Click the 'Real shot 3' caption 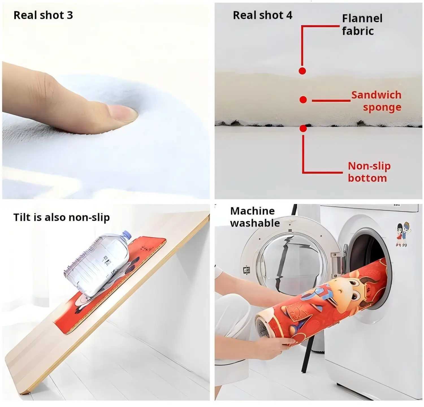pos(43,15)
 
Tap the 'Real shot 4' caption pos(263,15)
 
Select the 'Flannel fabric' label pos(362,25)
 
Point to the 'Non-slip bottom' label pos(369,172)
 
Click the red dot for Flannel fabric pos(302,71)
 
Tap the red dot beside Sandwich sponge pos(303,99)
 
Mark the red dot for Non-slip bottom pos(303,129)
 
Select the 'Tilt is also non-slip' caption pos(62,217)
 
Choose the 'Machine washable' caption pos(255,217)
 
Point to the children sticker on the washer pos(403,234)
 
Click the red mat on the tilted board pos(110,285)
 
